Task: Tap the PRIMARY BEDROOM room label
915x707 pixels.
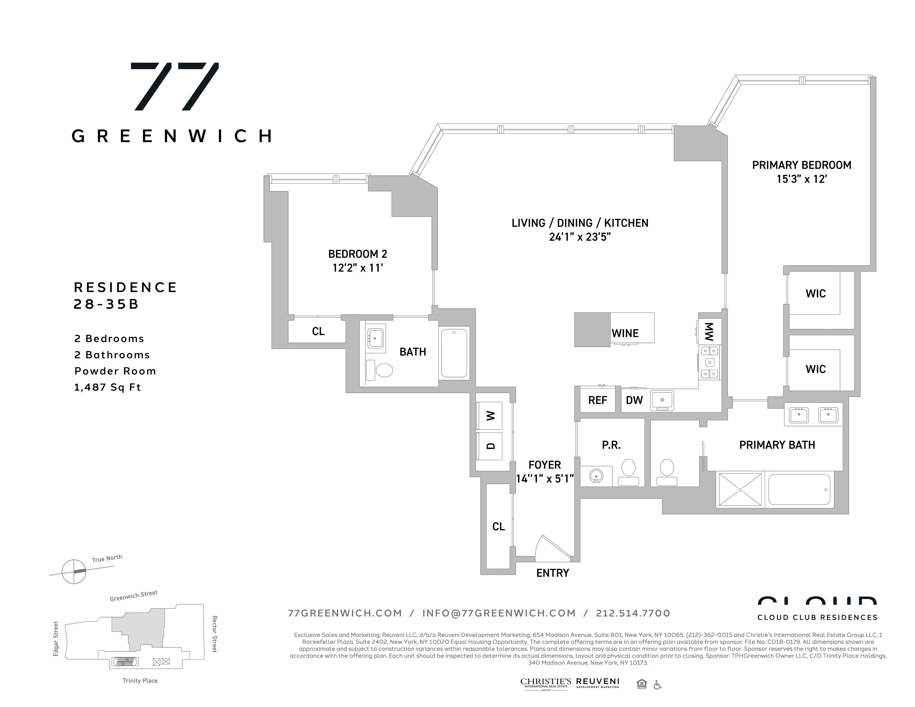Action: tap(801, 165)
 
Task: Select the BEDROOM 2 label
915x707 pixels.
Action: tap(357, 254)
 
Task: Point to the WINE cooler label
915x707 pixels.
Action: tap(625, 333)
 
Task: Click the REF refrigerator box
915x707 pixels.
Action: tap(597, 400)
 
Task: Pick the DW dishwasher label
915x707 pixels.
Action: tap(634, 400)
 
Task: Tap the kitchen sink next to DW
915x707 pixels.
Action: tap(662, 400)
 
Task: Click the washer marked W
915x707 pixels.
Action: tap(490, 416)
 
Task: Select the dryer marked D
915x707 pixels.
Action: tap(490, 446)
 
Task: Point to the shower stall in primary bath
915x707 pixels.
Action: tap(740, 489)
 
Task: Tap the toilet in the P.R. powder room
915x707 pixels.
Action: tap(628, 471)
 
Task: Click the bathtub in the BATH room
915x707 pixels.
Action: tap(454, 353)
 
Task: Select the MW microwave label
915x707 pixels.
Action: tap(709, 332)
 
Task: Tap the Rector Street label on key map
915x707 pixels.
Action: tap(215, 634)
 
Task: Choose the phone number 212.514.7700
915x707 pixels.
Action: tap(633, 613)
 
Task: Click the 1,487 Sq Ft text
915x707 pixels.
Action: tap(107, 387)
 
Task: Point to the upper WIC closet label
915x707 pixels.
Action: tap(815, 293)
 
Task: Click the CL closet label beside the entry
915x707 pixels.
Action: tap(498, 526)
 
